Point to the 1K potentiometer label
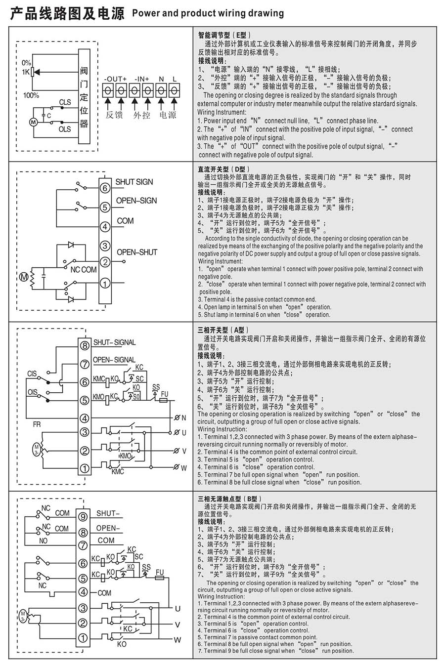(26, 72)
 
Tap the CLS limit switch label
(65, 102)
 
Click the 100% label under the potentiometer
(31, 95)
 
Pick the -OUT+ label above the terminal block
(115, 79)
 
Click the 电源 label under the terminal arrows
(168, 115)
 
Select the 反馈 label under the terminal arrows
(114, 115)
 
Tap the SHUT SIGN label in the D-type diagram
(134, 182)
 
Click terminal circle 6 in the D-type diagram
(105, 188)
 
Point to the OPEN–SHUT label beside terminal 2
(137, 252)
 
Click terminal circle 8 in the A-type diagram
(85, 346)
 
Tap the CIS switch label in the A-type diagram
(32, 374)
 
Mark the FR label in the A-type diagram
(37, 424)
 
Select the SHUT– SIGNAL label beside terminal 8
(114, 342)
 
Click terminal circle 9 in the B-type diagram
(83, 517)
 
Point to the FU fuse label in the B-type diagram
(160, 572)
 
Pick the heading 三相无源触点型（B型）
(229, 499)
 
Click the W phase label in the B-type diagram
(177, 640)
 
